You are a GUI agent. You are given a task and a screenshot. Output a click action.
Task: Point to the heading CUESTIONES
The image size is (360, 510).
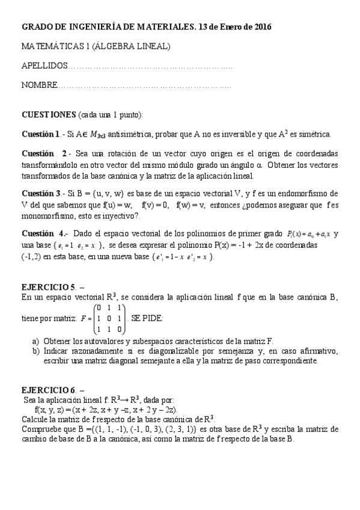(48, 114)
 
